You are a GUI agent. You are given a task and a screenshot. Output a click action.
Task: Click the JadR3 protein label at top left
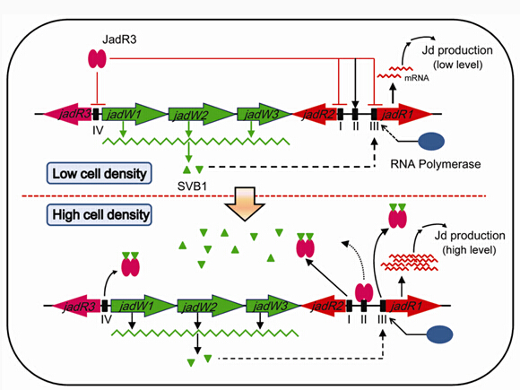click(119, 39)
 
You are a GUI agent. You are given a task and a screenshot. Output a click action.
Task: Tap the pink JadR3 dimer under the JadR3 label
click(97, 58)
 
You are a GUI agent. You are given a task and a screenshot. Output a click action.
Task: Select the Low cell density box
click(100, 173)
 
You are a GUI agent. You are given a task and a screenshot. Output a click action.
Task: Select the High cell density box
click(100, 214)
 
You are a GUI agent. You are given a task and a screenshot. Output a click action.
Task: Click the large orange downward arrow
click(245, 204)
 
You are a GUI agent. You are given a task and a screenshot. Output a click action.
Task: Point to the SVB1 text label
click(192, 186)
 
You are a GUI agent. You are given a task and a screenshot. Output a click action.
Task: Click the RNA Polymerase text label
click(436, 164)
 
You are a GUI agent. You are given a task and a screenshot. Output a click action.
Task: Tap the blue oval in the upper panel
click(431, 142)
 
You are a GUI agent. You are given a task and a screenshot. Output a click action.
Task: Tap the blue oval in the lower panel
click(439, 334)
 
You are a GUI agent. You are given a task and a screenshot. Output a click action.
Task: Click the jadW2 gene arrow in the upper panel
click(202, 115)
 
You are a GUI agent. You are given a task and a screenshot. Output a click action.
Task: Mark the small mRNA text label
click(417, 78)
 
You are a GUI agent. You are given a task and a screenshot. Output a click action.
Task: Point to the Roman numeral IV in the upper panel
click(98, 130)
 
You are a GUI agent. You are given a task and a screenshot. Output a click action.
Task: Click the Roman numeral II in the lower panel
click(364, 319)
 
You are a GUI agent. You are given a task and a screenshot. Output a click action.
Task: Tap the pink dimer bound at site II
click(364, 292)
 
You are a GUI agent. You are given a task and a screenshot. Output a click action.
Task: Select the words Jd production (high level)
click(470, 242)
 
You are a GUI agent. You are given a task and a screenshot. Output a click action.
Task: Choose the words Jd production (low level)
click(457, 57)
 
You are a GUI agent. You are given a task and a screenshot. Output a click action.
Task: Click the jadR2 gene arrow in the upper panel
click(315, 114)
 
